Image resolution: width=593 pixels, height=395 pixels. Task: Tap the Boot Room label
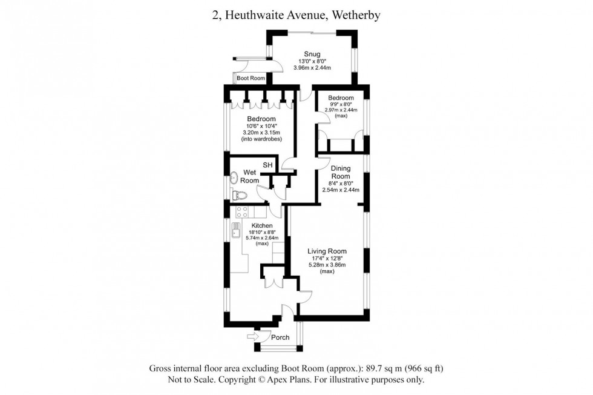tap(251, 79)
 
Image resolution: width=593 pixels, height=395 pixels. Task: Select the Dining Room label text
tap(341, 172)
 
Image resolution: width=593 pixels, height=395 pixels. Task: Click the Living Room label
tap(327, 251)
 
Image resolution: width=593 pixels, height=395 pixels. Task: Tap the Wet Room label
tap(250, 176)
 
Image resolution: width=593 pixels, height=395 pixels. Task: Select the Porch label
tap(280, 337)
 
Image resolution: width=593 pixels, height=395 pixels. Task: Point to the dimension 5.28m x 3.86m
tap(327, 265)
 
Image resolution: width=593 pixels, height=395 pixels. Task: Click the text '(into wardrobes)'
tap(260, 139)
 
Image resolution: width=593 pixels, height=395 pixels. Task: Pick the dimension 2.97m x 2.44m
tap(341, 110)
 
